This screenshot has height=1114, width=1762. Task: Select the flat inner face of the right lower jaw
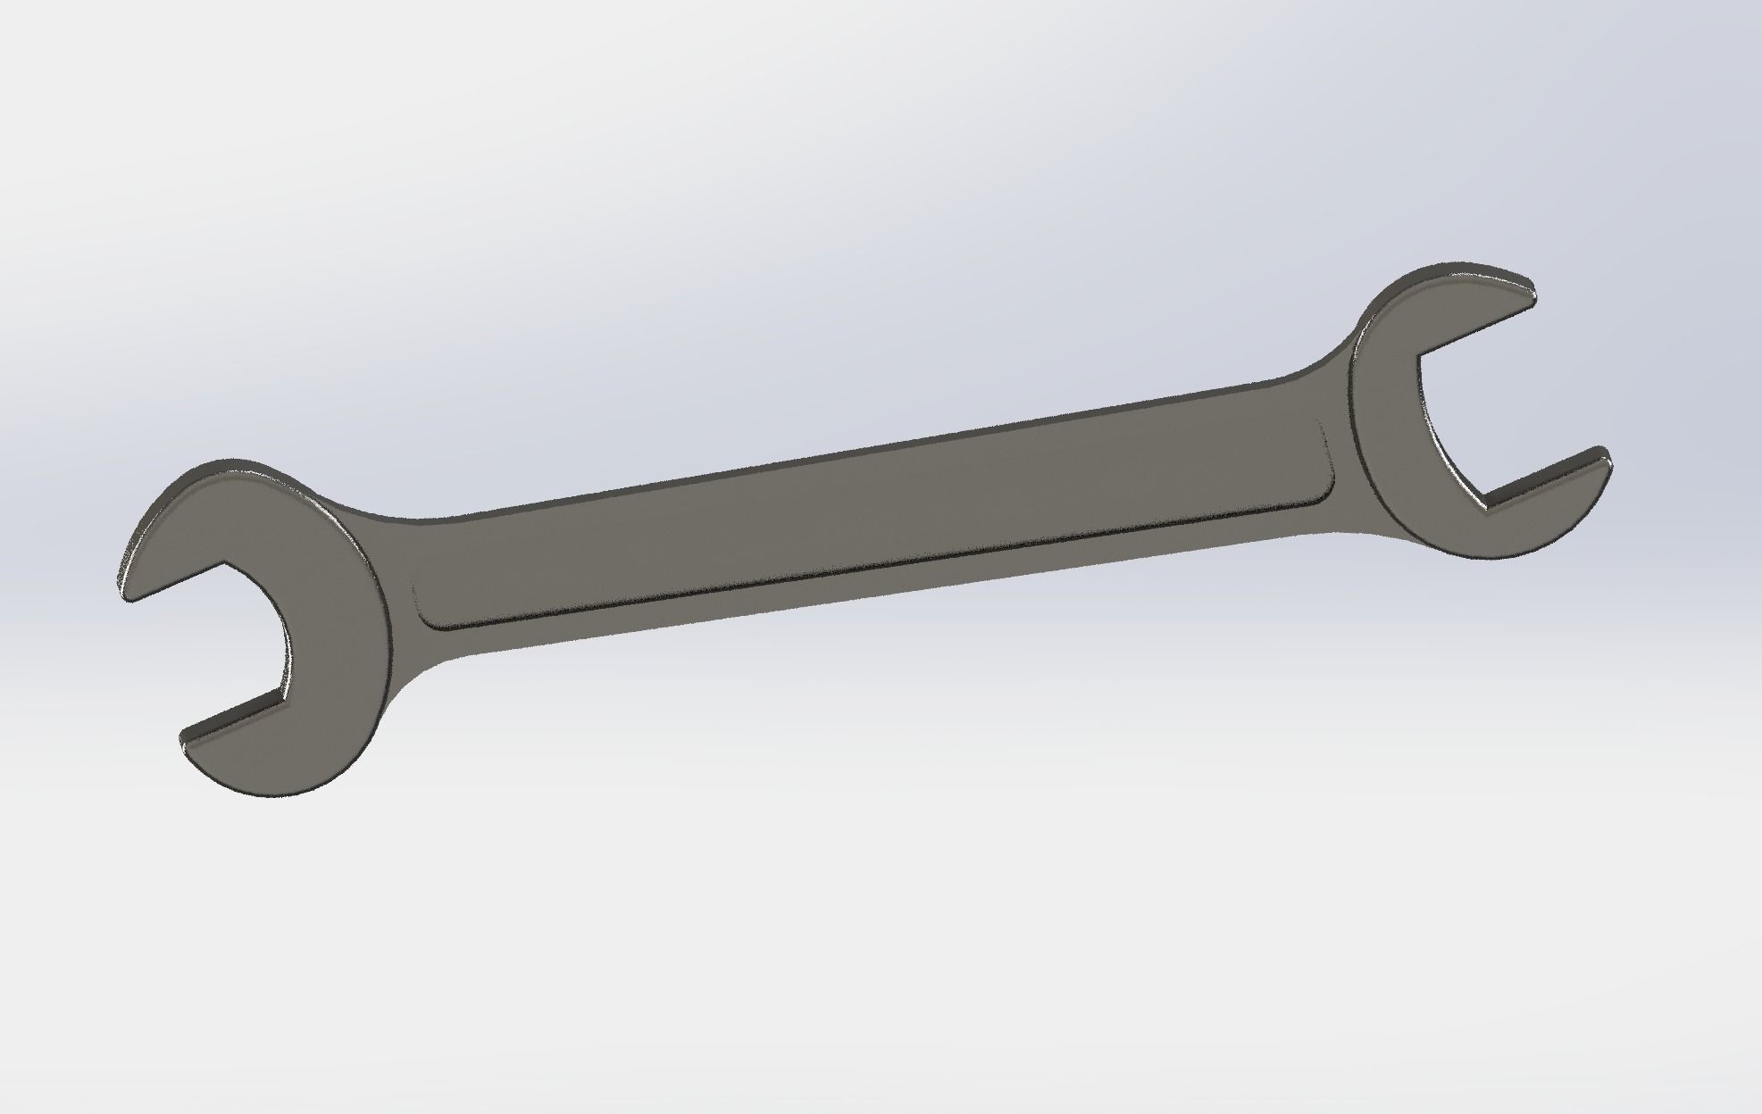(x=1545, y=482)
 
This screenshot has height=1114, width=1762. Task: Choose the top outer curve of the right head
(x=1411, y=295)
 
